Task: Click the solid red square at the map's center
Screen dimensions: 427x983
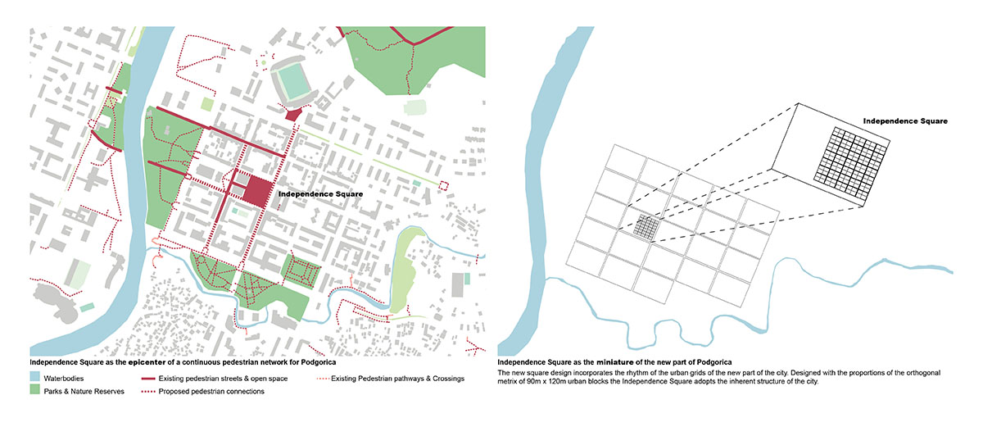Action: pyautogui.click(x=257, y=191)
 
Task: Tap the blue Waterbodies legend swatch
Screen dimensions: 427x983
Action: pyautogui.click(x=35, y=379)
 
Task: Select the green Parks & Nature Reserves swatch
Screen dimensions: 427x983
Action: pyautogui.click(x=35, y=391)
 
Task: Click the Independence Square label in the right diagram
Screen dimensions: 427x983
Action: pyautogui.click(x=904, y=120)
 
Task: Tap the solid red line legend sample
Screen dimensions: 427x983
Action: pyautogui.click(x=148, y=379)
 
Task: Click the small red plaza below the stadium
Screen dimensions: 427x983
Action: pyautogui.click(x=292, y=114)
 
